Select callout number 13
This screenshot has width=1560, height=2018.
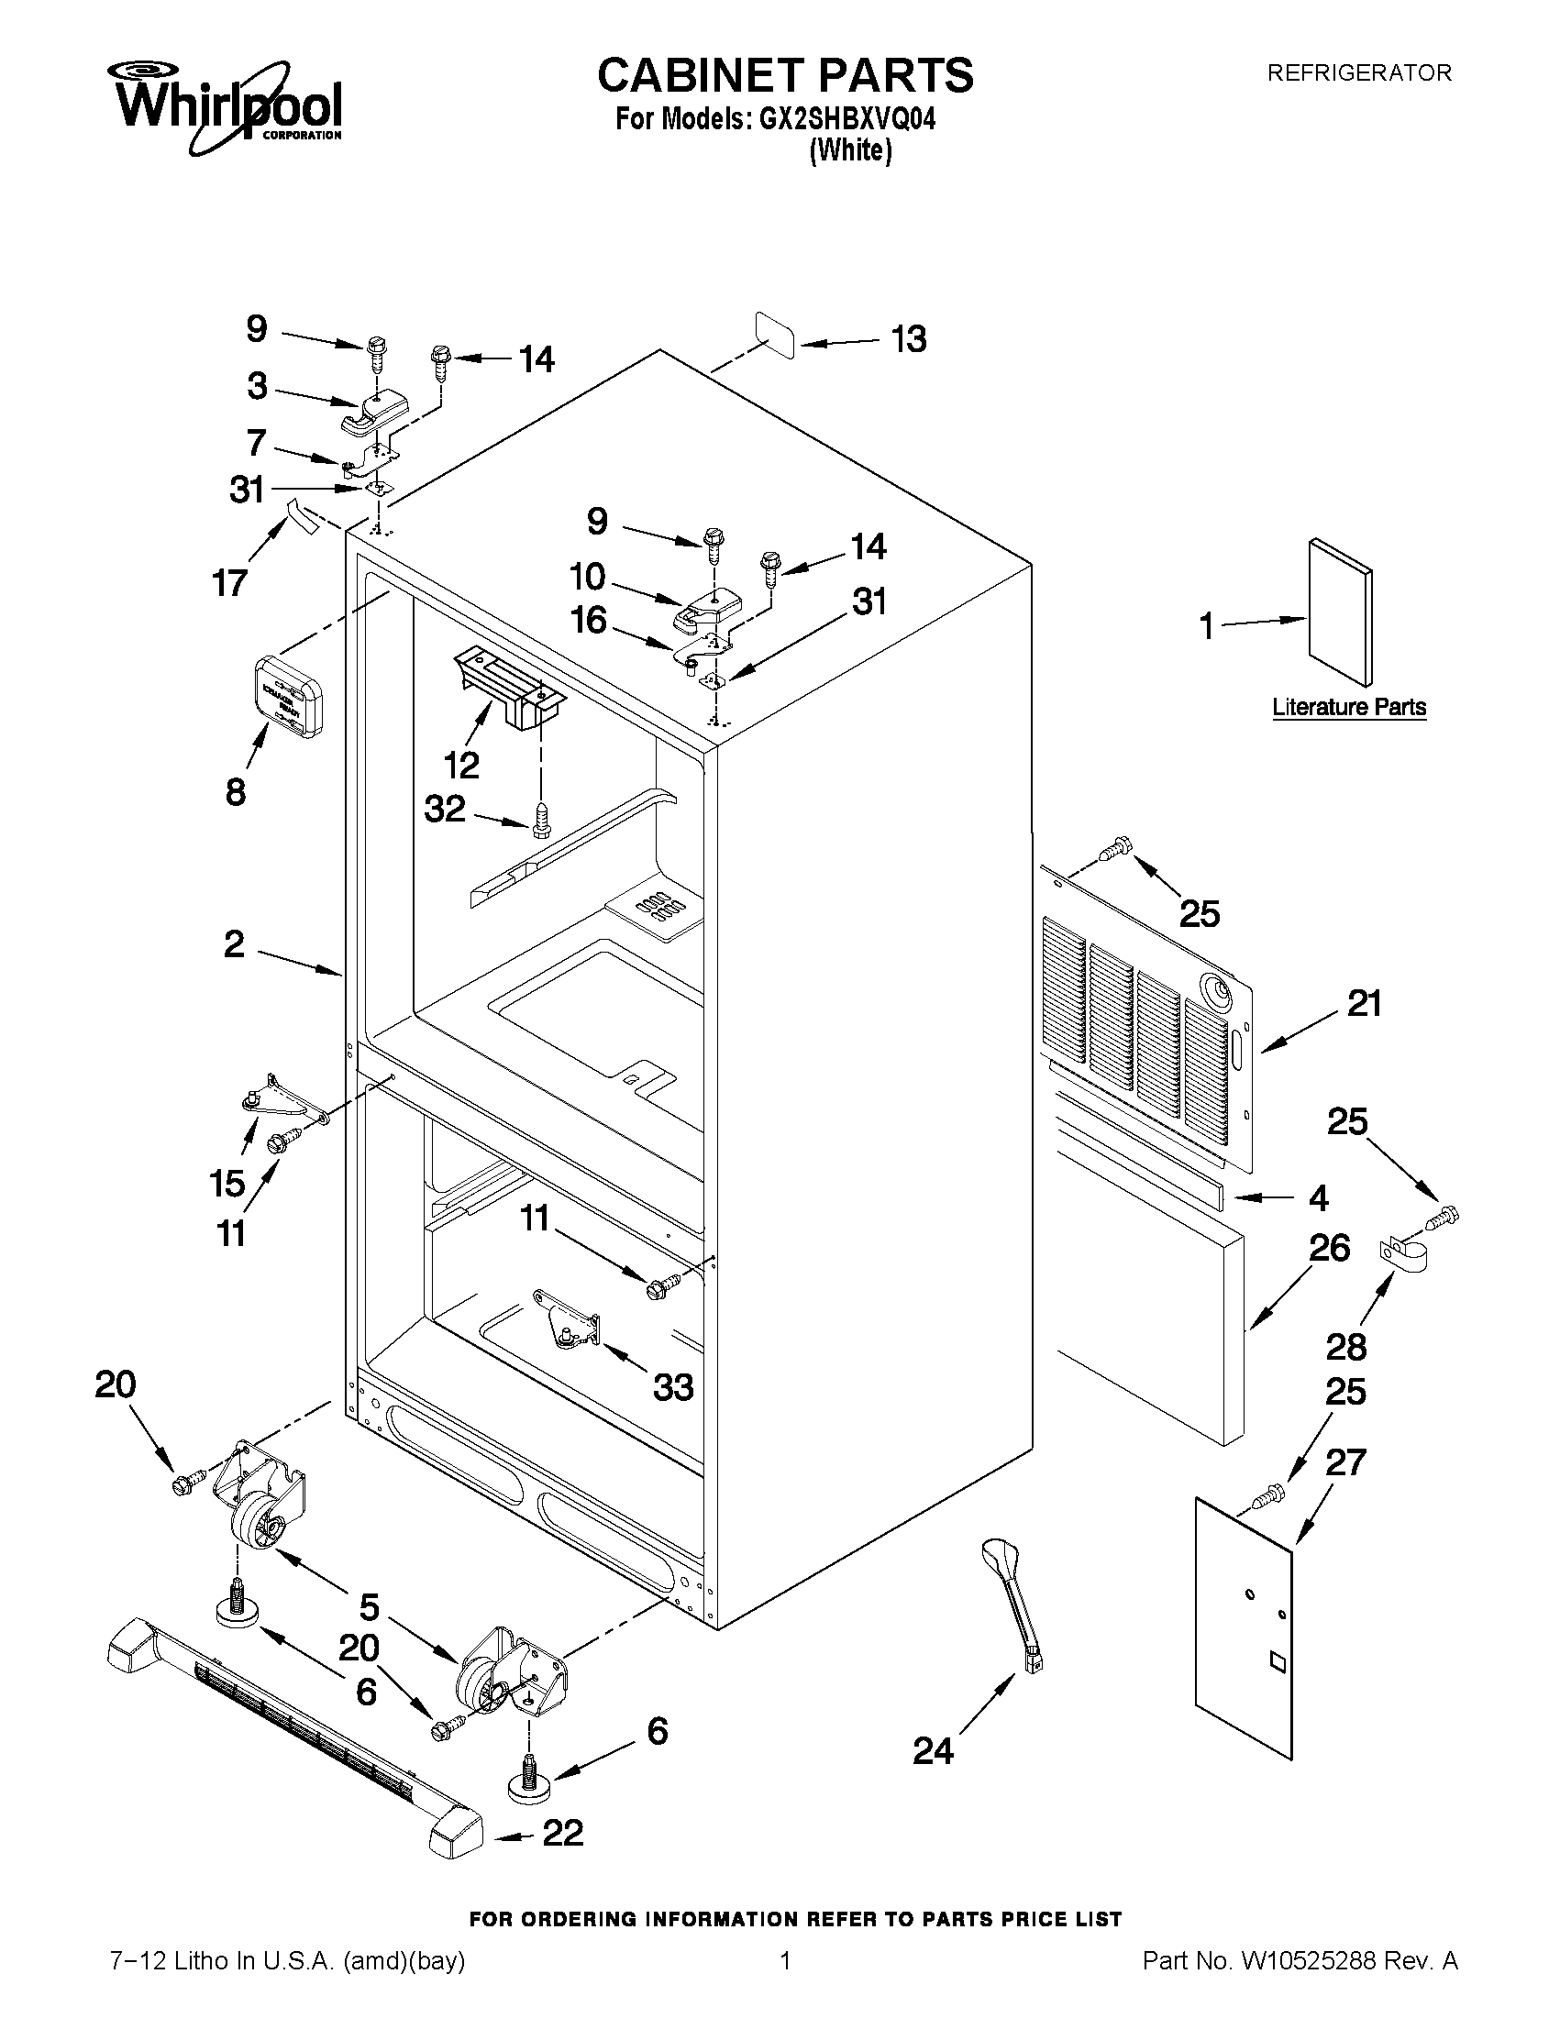click(x=909, y=339)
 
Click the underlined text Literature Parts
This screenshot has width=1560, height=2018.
click(x=1348, y=707)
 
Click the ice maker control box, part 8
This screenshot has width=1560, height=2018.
click(x=287, y=696)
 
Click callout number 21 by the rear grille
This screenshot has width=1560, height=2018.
click(x=1364, y=1002)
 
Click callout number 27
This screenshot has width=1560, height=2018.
click(x=1344, y=1462)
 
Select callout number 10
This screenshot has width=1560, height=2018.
click(x=587, y=577)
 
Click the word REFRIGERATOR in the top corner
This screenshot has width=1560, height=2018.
click(x=1358, y=72)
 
